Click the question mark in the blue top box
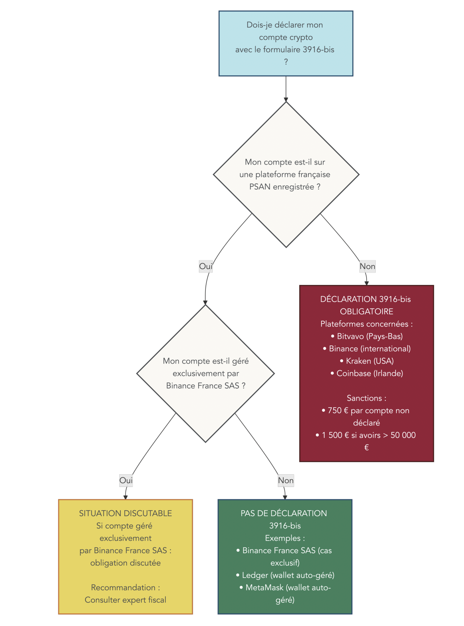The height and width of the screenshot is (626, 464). [286, 62]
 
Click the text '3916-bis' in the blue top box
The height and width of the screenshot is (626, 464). [318, 49]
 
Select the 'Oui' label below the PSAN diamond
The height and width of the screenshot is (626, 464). [205, 266]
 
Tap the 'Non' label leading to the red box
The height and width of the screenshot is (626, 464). [367, 266]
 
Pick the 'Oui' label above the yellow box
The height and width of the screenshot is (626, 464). [126, 480]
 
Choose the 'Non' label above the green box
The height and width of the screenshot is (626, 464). [286, 480]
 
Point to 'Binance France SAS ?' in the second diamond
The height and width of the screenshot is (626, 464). [205, 386]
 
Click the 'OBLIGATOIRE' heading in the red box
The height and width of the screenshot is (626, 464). [367, 312]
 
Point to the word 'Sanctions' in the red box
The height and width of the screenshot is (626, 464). [364, 398]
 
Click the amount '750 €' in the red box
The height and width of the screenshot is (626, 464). [338, 411]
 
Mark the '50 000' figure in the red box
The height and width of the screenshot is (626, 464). [403, 435]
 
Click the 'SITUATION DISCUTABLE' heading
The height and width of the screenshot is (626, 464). [125, 514]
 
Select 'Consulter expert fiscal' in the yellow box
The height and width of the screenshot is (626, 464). [125, 600]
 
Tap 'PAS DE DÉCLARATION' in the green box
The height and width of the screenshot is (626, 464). [284, 514]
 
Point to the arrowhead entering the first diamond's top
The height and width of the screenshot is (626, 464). [286, 100]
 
